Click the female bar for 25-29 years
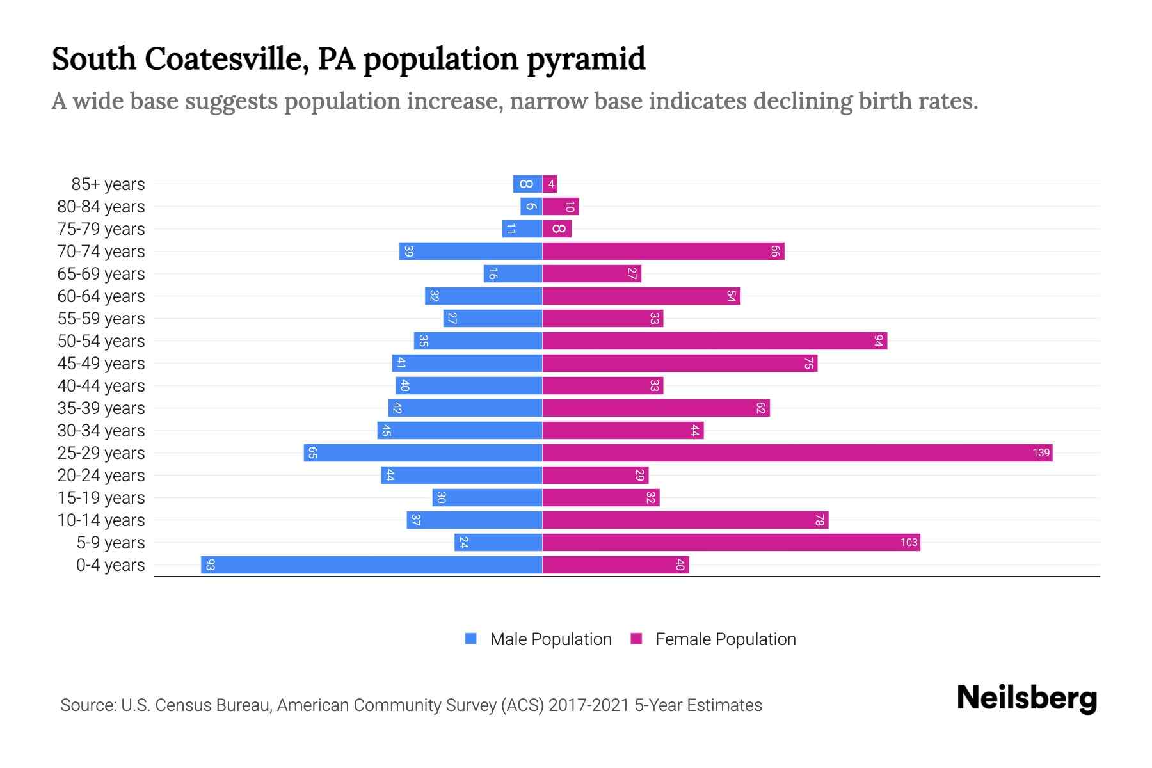click(797, 453)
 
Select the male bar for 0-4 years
click(371, 565)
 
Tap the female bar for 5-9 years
click(731, 543)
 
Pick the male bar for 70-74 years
click(470, 252)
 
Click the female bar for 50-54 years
click(714, 341)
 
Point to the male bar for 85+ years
click(527, 184)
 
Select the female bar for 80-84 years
click(561, 207)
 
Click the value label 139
click(1041, 453)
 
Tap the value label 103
click(909, 543)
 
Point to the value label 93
click(210, 565)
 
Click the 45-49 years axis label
click(101, 364)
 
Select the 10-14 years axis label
click(101, 520)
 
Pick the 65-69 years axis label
click(101, 274)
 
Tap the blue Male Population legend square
click(471, 639)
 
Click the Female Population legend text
click(725, 639)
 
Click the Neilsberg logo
click(1027, 698)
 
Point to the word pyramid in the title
click(586, 60)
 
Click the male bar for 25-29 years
click(422, 453)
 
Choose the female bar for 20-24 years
click(595, 476)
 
